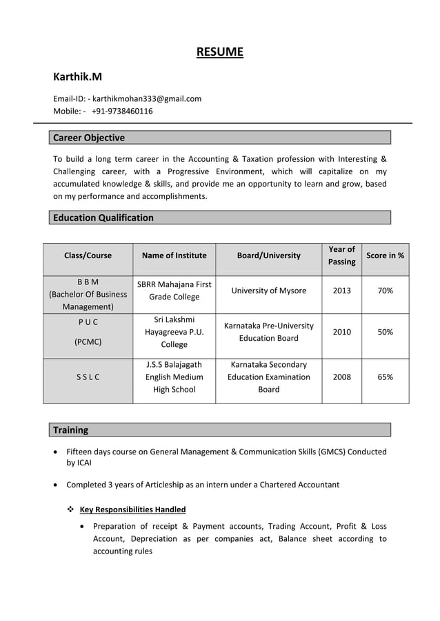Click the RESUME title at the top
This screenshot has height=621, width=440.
tap(219, 52)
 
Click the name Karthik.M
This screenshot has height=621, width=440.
tap(78, 76)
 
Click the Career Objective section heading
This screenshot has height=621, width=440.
tap(89, 138)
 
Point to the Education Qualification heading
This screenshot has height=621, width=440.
tap(103, 218)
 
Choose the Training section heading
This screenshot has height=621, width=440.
tap(71, 430)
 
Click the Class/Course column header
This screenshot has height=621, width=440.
tap(88, 255)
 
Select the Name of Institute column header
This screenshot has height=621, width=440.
tap(174, 255)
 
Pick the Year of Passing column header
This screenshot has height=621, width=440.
tap(341, 255)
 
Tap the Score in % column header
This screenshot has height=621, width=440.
tap(385, 255)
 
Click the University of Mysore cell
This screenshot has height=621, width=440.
tap(268, 291)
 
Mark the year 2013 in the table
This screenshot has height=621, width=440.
tap(341, 291)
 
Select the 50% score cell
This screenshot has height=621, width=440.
tap(385, 332)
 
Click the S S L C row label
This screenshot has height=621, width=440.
tap(88, 377)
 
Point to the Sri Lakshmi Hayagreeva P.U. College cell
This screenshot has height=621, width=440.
tap(174, 332)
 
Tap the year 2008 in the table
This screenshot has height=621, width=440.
tap(341, 377)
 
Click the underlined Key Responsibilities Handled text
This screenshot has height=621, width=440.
tap(132, 509)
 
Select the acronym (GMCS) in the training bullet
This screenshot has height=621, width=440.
tap(332, 452)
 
